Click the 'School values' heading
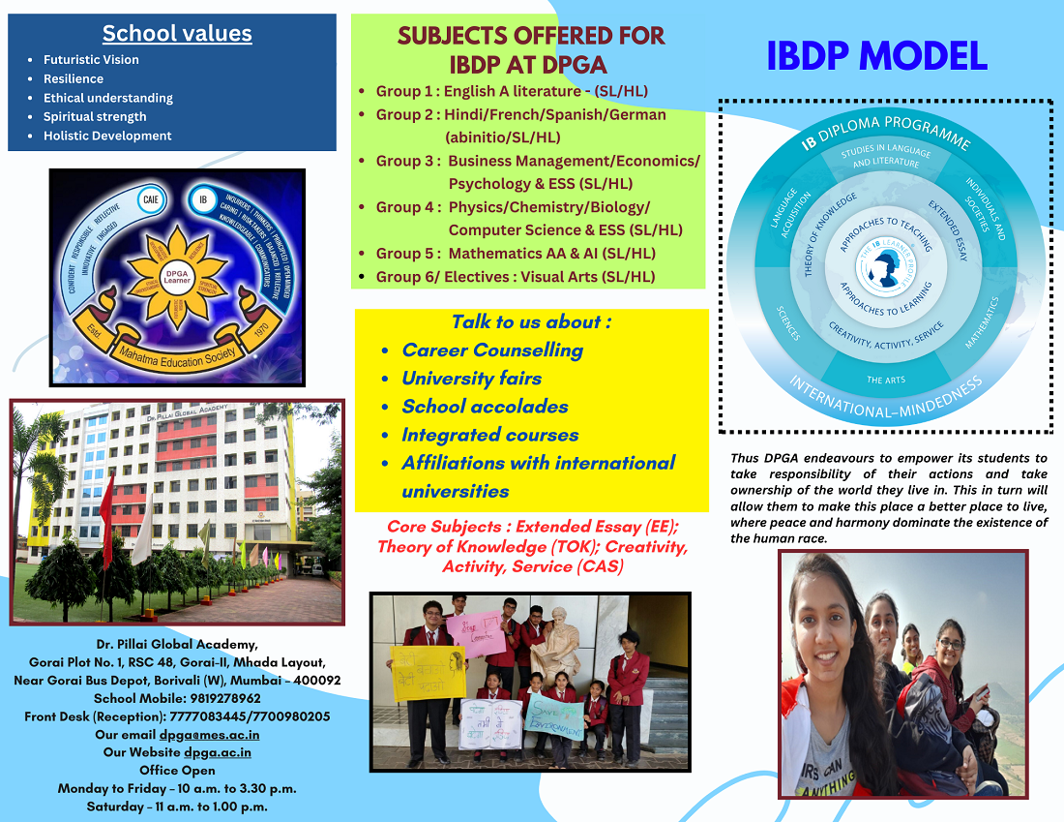177,34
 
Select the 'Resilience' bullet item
74,78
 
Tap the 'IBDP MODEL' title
876,56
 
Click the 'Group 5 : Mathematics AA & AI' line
516,254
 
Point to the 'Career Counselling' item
492,350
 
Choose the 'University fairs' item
472,379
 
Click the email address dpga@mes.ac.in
209,735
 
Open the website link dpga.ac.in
218,752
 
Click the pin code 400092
311,681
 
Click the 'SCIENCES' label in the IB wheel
789,324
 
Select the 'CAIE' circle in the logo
150,200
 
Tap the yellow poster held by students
428,672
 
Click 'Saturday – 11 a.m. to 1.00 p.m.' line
177,807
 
